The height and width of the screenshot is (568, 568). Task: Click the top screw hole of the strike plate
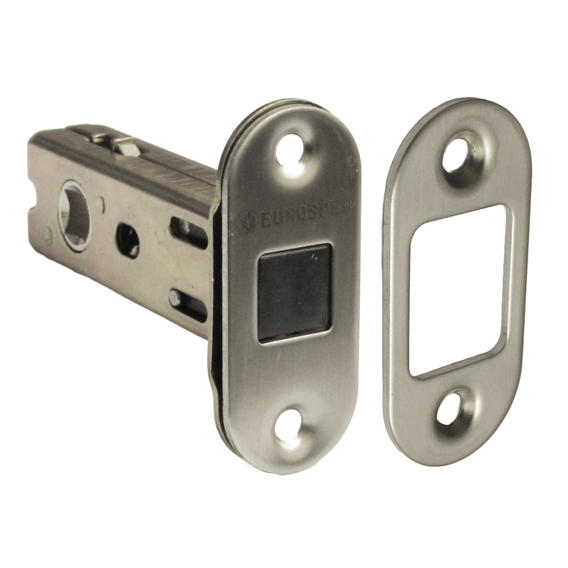[459, 156]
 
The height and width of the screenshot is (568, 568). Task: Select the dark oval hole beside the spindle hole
[128, 240]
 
